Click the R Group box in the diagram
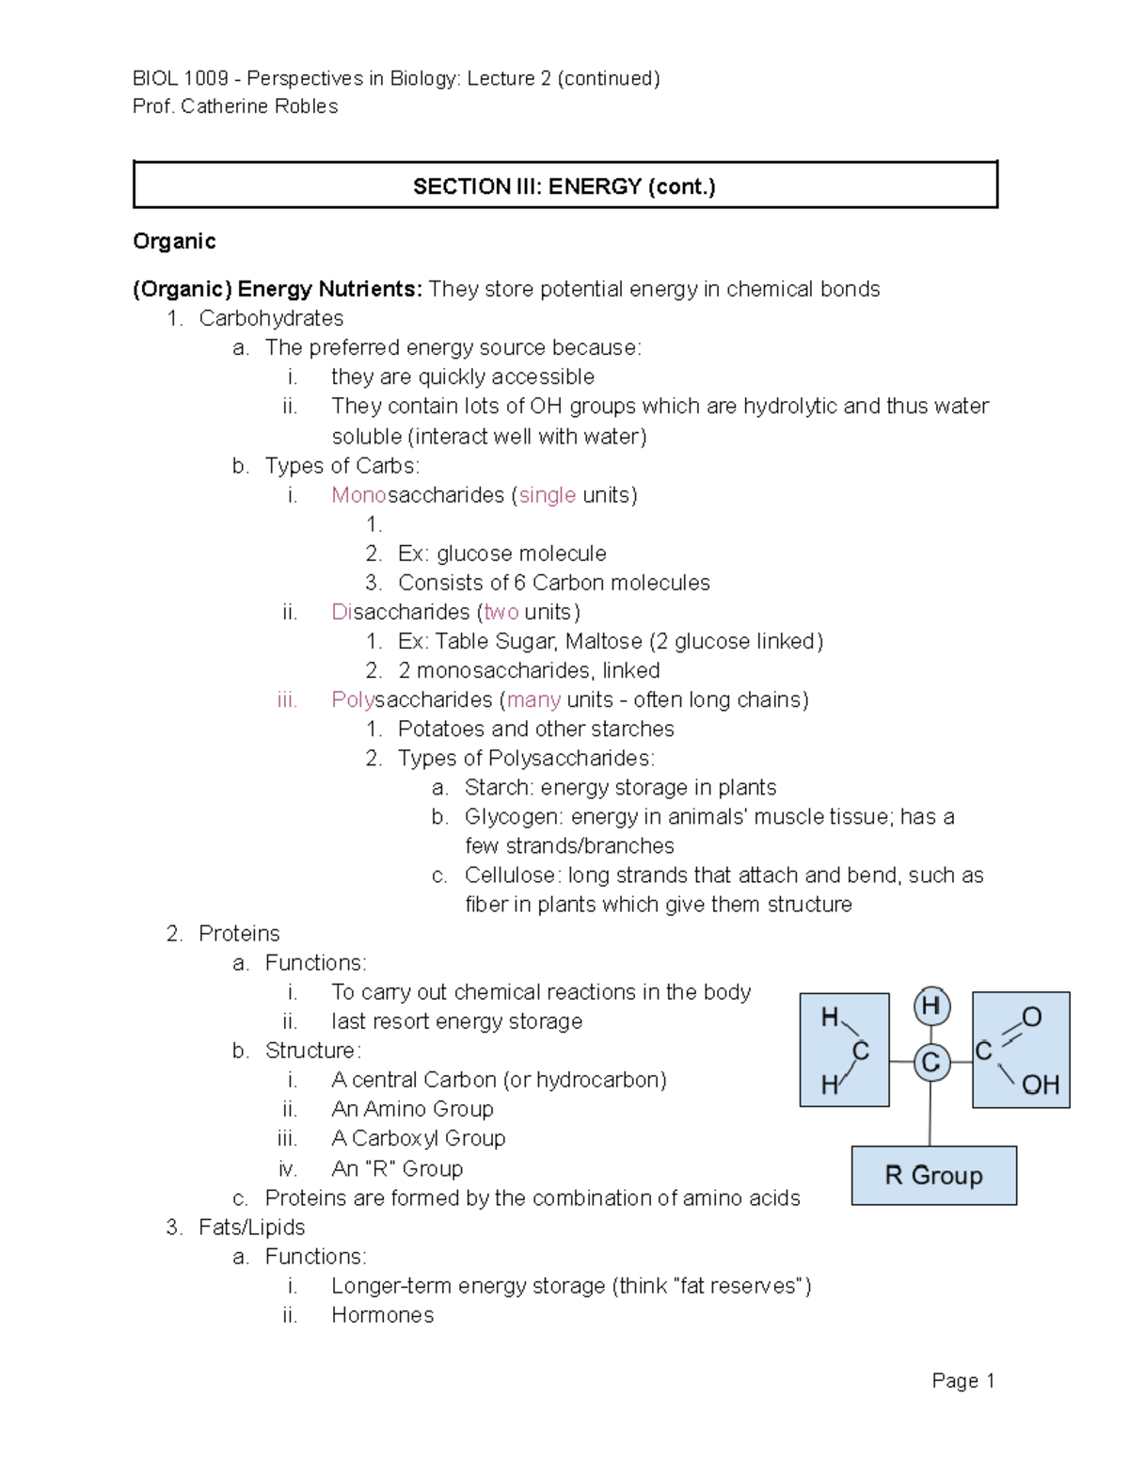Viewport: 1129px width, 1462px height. (933, 1175)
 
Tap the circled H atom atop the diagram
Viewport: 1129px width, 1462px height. (931, 1006)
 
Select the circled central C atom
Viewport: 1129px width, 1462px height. (930, 1063)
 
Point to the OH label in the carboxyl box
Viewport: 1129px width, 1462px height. (1040, 1085)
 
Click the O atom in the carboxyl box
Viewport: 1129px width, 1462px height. (1032, 1017)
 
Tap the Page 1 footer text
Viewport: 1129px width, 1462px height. (962, 1380)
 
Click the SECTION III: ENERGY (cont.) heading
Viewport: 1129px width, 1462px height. (564, 186)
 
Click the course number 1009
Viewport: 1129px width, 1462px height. (207, 78)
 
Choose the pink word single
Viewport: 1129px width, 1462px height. (548, 495)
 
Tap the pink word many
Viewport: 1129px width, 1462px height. (533, 699)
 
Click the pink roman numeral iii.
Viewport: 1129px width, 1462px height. (287, 699)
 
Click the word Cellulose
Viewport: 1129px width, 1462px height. (511, 875)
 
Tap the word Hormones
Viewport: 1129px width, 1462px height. (382, 1315)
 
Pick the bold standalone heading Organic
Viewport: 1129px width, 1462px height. (174, 241)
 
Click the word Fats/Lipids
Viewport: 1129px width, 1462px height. (251, 1227)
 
